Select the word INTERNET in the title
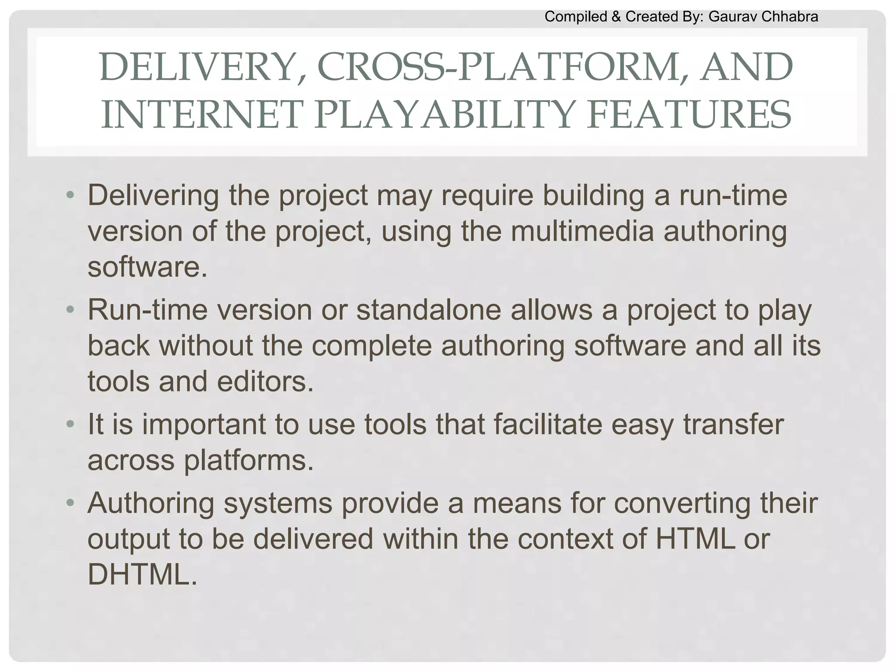click(x=201, y=114)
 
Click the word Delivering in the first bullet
click(x=153, y=196)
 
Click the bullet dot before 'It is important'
click(x=69, y=424)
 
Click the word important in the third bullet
click(x=204, y=424)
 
